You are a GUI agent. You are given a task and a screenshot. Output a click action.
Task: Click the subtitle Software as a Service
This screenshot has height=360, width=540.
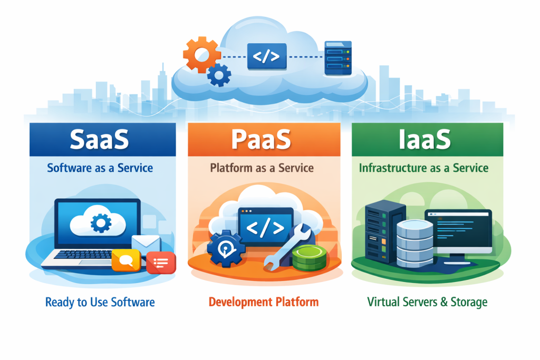tap(100, 168)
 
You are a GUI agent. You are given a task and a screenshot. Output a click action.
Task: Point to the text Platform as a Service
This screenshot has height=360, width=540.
tap(262, 168)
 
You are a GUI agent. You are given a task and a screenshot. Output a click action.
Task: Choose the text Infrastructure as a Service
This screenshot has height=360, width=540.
tap(423, 168)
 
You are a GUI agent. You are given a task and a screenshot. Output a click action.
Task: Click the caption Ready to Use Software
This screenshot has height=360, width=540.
tap(100, 302)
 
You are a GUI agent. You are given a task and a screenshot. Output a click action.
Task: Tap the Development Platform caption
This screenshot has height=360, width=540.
tap(264, 302)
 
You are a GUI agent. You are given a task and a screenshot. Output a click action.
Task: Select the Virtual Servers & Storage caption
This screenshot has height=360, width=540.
tap(427, 302)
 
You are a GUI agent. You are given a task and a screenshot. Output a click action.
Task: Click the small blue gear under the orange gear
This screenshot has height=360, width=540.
tap(219, 75)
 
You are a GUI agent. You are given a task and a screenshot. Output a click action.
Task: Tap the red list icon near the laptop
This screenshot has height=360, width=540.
tap(161, 262)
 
